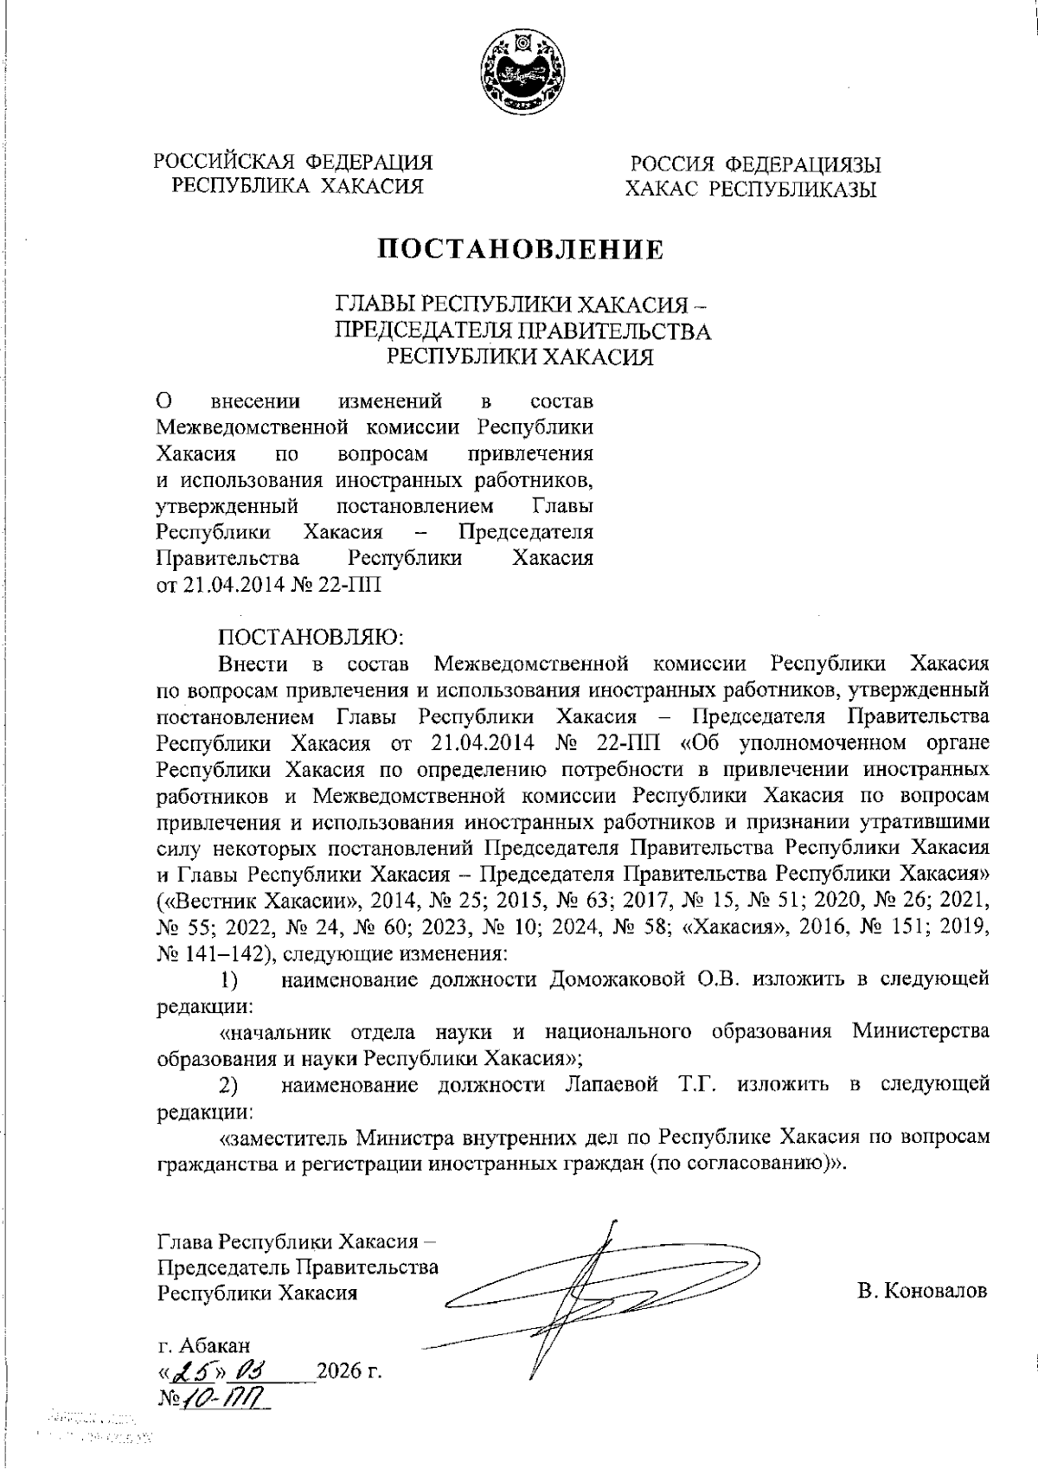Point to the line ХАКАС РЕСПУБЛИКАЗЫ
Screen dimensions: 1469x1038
[751, 189]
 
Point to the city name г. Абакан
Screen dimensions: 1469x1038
[204, 1345]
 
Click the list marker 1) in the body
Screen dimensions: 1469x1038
[228, 979]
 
